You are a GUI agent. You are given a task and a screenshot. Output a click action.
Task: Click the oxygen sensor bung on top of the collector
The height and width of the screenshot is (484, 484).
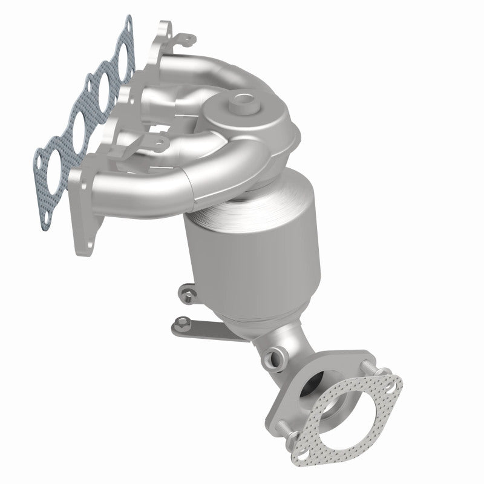click(244, 100)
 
